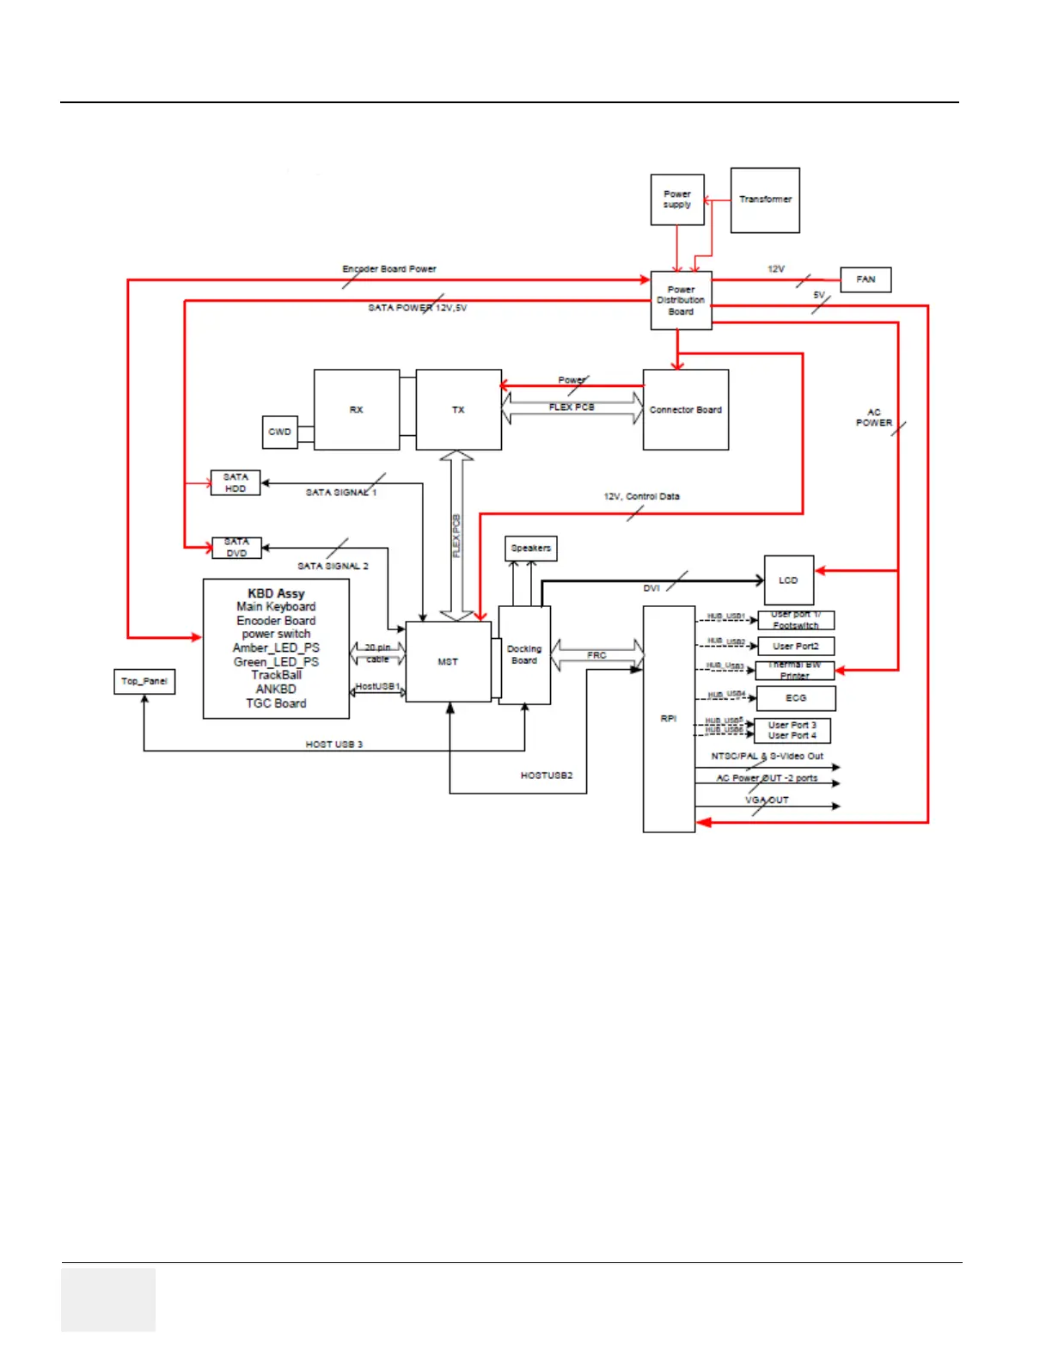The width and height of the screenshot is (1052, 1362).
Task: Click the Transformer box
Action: (765, 199)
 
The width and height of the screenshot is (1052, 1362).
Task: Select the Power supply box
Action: (677, 199)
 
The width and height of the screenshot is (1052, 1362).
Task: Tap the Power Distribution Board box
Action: (681, 300)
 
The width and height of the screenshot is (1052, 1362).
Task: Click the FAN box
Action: (865, 279)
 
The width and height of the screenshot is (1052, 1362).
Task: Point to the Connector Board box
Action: (686, 410)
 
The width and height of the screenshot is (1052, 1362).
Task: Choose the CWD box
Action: (279, 432)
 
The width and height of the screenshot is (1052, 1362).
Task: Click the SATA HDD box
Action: (235, 482)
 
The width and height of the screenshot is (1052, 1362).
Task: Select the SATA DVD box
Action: (236, 548)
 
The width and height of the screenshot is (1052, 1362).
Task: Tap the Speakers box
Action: (530, 548)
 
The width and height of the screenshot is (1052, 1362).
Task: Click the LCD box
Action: (788, 580)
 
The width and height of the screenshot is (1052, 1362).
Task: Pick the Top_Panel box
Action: (144, 681)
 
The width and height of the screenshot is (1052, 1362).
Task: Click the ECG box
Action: (796, 697)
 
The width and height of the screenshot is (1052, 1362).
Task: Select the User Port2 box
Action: (796, 646)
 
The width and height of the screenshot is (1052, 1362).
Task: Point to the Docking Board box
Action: (524, 654)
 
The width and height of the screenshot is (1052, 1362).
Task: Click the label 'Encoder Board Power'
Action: (389, 269)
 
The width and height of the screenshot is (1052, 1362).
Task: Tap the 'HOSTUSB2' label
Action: (547, 776)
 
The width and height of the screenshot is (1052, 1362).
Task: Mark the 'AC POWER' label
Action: (874, 418)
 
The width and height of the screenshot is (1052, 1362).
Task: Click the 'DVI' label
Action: (651, 588)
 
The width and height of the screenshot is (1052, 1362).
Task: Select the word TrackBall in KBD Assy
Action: (276, 675)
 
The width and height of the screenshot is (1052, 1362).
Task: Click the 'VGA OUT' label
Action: (767, 800)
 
